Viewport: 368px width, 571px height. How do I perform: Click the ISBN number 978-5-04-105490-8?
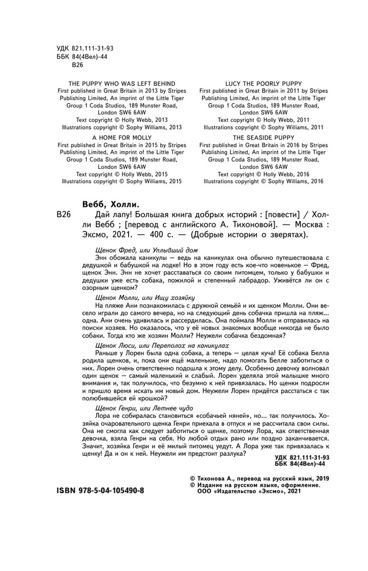click(100, 490)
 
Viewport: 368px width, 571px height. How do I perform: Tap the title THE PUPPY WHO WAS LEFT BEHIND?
click(119, 83)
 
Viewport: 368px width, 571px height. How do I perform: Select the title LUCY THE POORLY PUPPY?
click(264, 83)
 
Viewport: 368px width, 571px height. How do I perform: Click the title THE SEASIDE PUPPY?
click(264, 136)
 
